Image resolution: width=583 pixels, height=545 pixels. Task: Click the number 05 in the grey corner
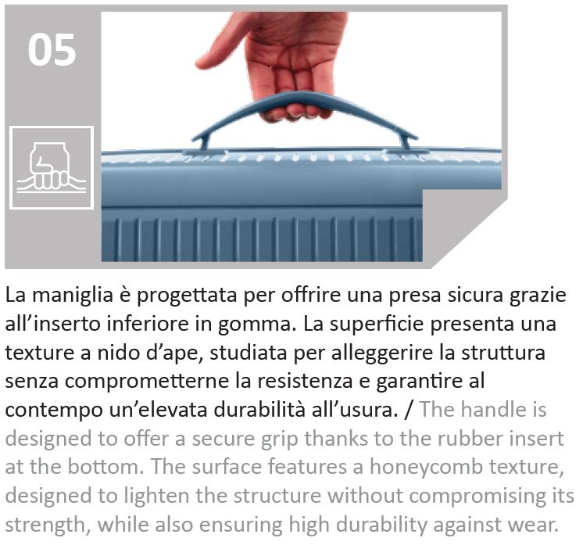(x=52, y=50)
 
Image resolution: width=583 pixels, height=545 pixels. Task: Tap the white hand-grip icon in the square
(x=52, y=167)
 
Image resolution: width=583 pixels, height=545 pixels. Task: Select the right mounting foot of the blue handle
(x=405, y=142)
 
